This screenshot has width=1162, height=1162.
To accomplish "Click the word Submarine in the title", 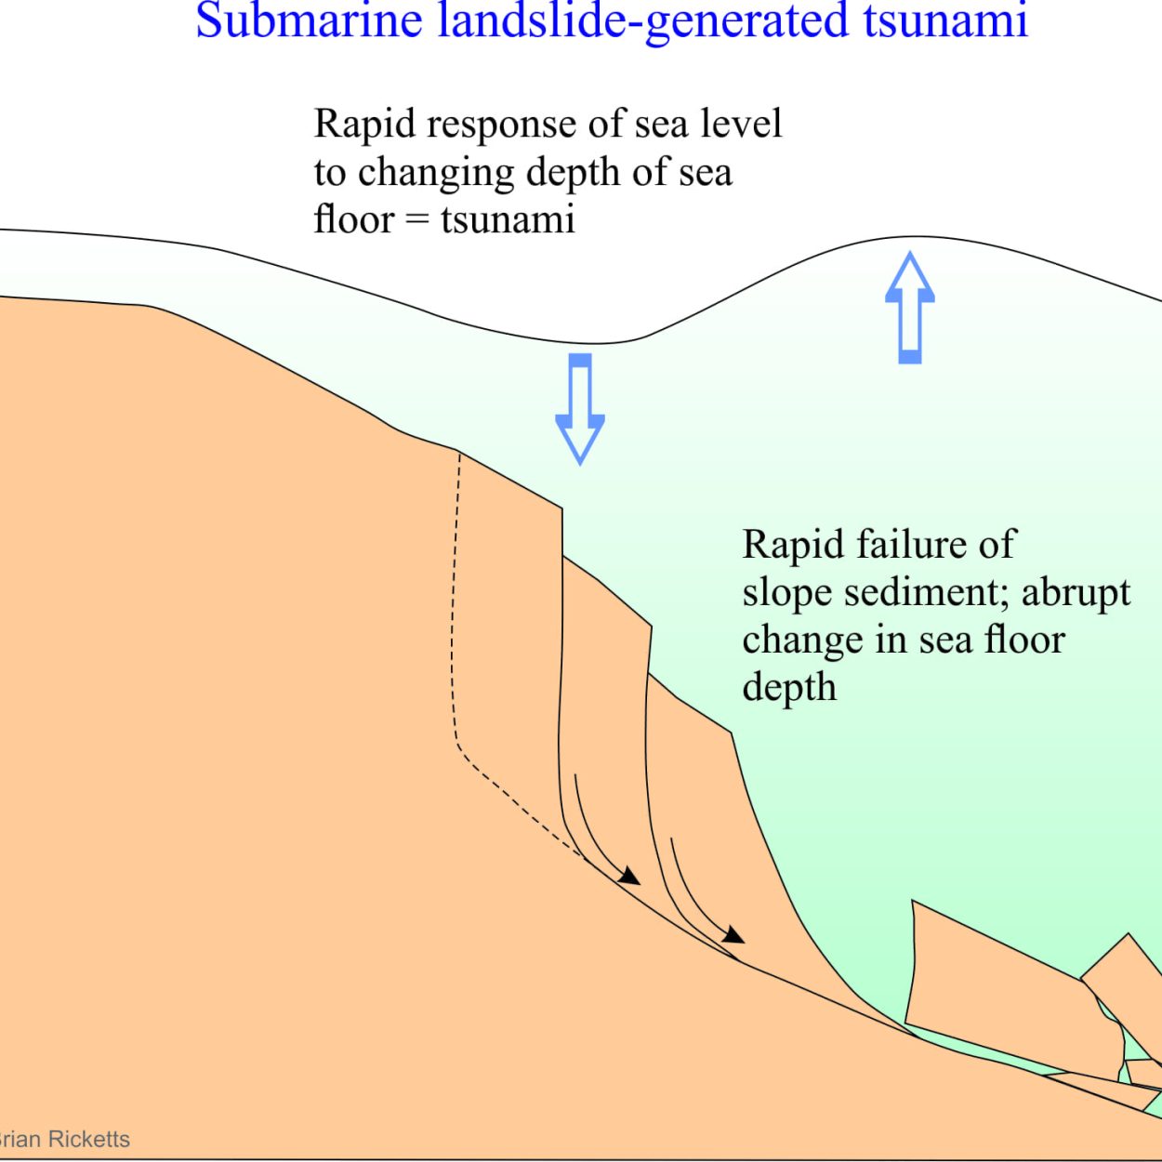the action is [309, 20].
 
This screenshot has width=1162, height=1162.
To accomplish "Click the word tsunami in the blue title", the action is [944, 20].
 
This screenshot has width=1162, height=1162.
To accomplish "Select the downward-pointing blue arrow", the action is [580, 409].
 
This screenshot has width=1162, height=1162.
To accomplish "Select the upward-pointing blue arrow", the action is [910, 308].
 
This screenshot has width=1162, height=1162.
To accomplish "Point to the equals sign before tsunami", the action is [416, 219].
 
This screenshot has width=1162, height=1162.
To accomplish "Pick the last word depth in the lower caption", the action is [789, 689].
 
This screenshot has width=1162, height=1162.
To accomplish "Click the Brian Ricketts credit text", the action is [63, 1139].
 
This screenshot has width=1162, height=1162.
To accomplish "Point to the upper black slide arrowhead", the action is [629, 876].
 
